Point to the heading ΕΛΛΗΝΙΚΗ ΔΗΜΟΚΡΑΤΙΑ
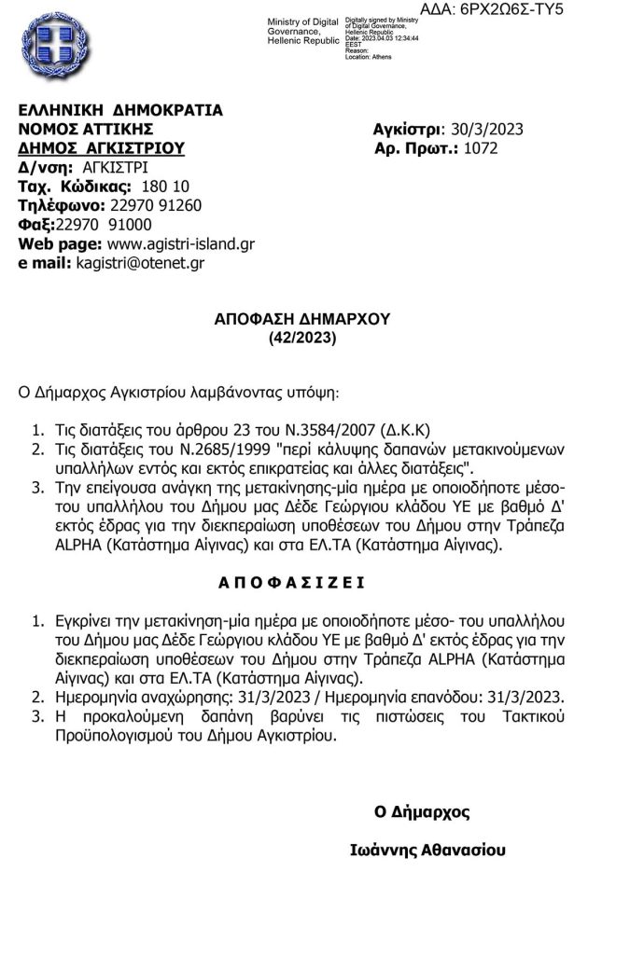(121, 109)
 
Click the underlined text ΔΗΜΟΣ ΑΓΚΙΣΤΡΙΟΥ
(102, 148)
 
